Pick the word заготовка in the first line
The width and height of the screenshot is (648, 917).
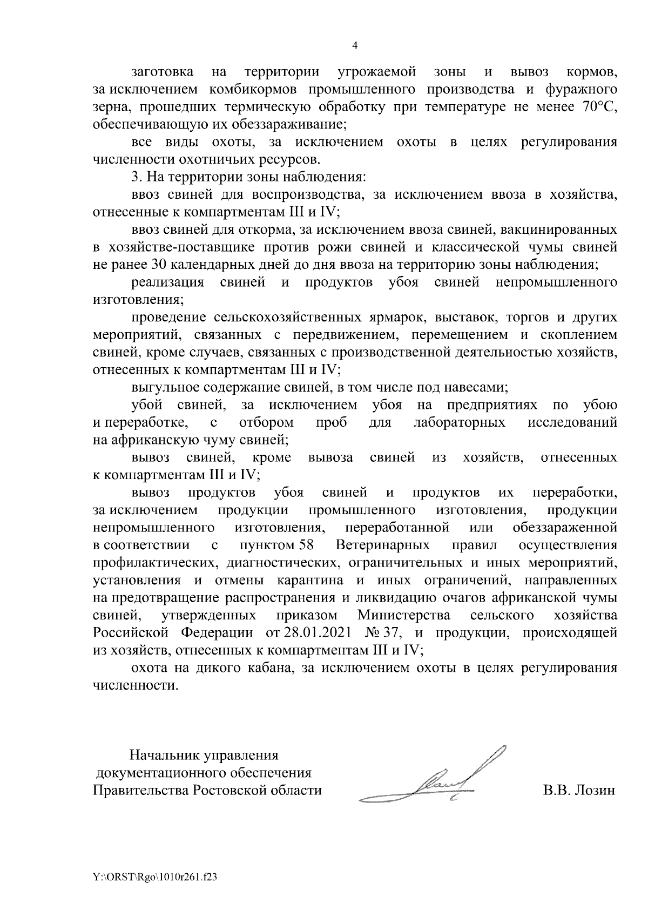159,72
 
